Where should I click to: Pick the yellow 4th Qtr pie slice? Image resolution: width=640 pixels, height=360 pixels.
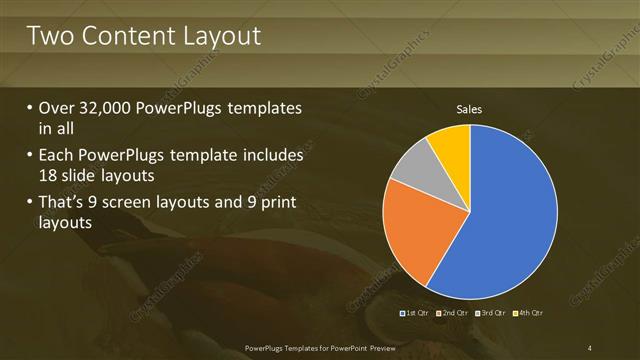click(450, 145)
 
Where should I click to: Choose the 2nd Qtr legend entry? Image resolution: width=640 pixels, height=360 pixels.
click(453, 313)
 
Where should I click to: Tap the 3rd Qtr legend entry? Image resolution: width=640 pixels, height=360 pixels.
click(492, 313)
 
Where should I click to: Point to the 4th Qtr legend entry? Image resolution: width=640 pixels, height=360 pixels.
click(530, 313)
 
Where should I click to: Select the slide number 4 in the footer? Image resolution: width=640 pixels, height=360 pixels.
click(590, 347)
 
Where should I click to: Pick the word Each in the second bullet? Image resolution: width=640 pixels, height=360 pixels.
click(56, 157)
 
